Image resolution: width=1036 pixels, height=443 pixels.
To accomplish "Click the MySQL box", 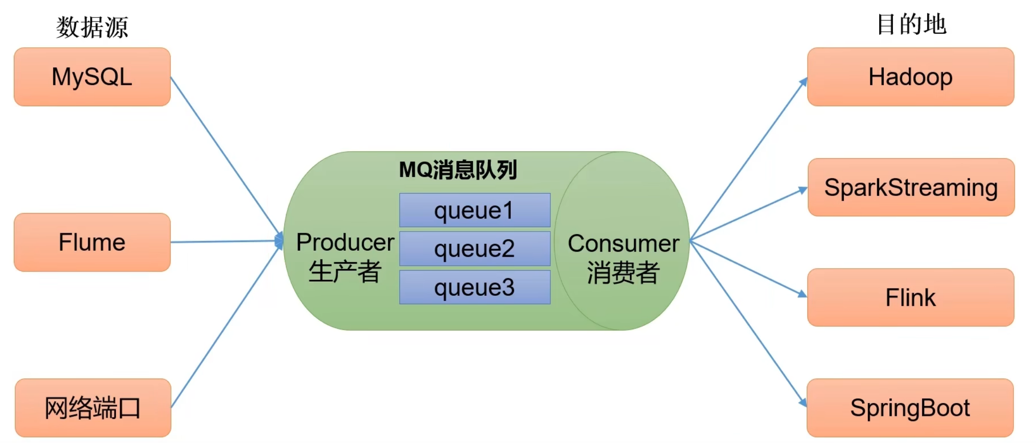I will click(x=92, y=77).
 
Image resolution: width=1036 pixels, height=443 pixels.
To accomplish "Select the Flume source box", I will click(x=92, y=242).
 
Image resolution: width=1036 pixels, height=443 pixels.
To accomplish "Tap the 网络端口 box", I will click(x=93, y=408).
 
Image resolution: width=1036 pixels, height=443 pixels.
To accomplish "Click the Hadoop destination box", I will click(x=910, y=77).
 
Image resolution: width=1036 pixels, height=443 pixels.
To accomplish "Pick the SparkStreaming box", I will click(x=911, y=187).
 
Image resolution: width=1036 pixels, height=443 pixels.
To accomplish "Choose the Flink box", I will click(x=910, y=298).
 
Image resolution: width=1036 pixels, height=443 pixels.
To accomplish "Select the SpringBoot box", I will click(x=910, y=408).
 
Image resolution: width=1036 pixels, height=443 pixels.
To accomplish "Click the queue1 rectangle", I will click(x=475, y=210).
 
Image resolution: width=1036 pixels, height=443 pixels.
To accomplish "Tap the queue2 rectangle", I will click(x=475, y=249).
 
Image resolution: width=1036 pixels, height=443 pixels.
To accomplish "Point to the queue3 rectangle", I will click(x=475, y=288).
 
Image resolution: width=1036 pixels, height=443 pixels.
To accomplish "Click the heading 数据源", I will click(x=92, y=27).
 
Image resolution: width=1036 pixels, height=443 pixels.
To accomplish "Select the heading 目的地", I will click(x=911, y=24).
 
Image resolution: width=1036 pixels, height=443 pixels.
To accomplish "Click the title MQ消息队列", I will click(x=458, y=170).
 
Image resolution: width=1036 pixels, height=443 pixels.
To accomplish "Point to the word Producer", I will click(x=345, y=242).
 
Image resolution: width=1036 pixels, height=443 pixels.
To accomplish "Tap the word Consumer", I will click(x=624, y=243).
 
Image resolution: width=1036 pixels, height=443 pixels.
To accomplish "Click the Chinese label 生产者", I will click(x=345, y=271).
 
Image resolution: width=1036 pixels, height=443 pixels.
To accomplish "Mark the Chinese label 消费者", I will click(x=624, y=272).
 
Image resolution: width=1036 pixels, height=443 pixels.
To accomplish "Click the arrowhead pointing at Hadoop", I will click(x=803, y=82).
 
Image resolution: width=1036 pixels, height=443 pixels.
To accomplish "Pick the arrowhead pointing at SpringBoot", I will click(x=803, y=403).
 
